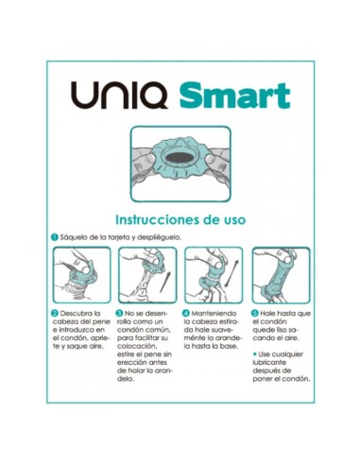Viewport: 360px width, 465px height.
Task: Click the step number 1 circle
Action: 55,236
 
